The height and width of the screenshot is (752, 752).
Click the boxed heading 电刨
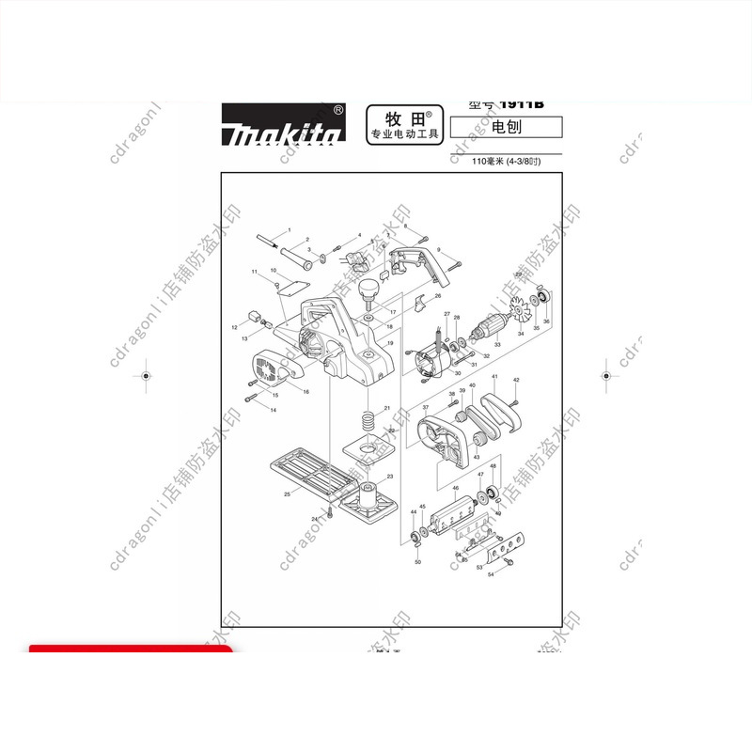click(x=506, y=127)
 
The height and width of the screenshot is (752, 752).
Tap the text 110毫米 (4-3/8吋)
click(x=506, y=162)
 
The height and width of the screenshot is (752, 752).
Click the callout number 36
click(x=546, y=321)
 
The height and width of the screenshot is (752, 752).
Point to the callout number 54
click(x=490, y=573)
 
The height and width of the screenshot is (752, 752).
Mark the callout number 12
click(x=235, y=327)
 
